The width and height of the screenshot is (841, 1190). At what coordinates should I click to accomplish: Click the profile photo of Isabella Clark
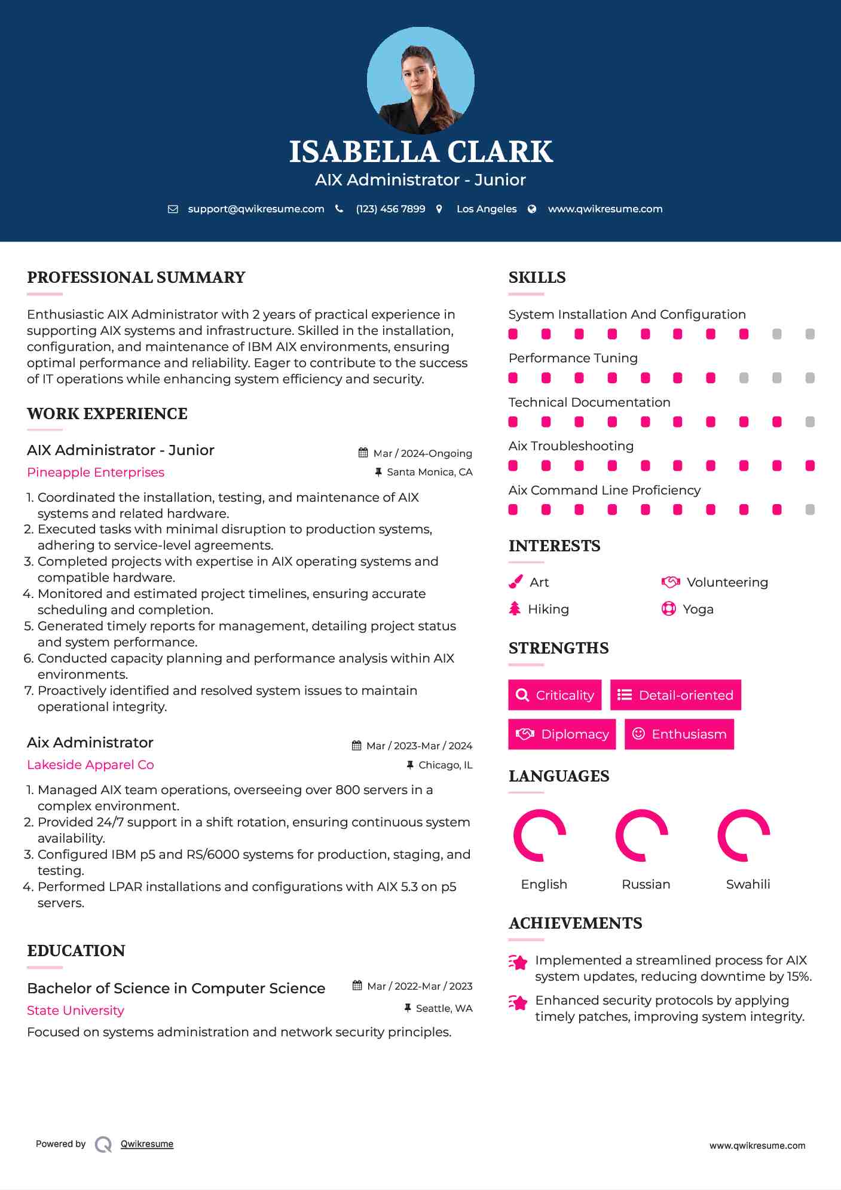tap(420, 80)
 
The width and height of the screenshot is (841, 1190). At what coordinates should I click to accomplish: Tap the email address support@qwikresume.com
tap(256, 209)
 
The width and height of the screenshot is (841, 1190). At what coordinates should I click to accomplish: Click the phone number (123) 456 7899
tap(390, 209)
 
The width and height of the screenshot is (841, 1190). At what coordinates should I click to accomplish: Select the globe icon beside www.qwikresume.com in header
tap(532, 209)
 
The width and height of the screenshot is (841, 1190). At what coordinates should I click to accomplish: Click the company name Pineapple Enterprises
tap(96, 472)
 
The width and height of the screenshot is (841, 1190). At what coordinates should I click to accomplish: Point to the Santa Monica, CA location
tap(429, 472)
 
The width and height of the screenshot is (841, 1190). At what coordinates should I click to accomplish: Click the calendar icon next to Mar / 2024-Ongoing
tap(363, 453)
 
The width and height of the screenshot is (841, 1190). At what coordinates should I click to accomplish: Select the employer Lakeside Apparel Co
tap(90, 765)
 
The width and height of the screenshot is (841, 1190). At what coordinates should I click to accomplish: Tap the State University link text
tap(75, 1011)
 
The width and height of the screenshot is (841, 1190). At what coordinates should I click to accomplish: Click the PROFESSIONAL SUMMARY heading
tap(136, 277)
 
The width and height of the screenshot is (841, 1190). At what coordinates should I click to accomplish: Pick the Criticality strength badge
tap(555, 695)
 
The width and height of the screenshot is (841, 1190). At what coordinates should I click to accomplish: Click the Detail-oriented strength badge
tap(675, 695)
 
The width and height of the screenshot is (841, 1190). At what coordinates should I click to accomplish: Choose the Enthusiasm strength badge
tap(679, 734)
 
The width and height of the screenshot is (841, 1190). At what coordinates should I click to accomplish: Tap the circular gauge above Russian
tap(641, 835)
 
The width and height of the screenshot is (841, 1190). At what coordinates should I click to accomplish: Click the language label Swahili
tap(748, 884)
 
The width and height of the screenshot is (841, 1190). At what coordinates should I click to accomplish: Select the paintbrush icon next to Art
tap(515, 582)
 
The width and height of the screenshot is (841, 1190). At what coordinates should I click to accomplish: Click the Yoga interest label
tap(698, 609)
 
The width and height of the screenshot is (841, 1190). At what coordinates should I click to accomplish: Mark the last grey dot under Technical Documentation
tap(810, 422)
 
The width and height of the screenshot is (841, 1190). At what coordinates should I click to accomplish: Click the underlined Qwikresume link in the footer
tap(147, 1144)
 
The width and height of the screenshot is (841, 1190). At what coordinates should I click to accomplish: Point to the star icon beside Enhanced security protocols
tap(518, 1002)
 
